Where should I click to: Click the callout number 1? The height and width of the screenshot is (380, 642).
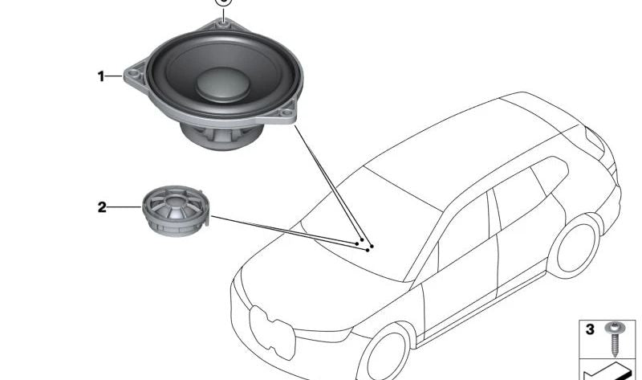tap(101, 76)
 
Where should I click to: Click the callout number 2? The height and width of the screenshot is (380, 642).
tap(102, 207)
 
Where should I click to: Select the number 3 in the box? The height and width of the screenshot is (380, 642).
tap(590, 329)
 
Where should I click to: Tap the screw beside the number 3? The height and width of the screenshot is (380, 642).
tap(615, 338)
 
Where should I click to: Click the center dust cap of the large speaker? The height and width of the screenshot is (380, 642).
tap(223, 84)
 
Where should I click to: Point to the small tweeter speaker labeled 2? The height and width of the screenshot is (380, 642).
tap(176, 210)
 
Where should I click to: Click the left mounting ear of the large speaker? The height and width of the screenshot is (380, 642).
tap(134, 75)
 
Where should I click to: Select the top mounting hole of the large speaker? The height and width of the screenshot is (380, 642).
tap(223, 24)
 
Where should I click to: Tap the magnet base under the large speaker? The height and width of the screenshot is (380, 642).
tap(221, 136)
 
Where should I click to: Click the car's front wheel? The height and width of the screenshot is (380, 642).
tap(385, 353)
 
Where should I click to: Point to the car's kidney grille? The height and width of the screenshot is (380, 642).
tap(273, 332)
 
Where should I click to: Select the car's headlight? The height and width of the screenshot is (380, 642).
tap(323, 335)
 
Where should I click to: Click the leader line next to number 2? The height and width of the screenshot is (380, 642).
tap(124, 207)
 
